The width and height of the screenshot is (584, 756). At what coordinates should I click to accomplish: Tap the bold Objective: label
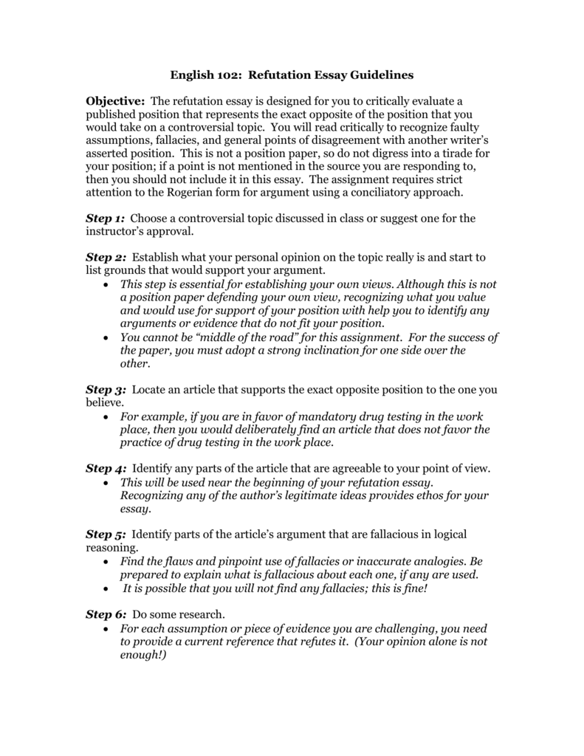pos(116,100)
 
